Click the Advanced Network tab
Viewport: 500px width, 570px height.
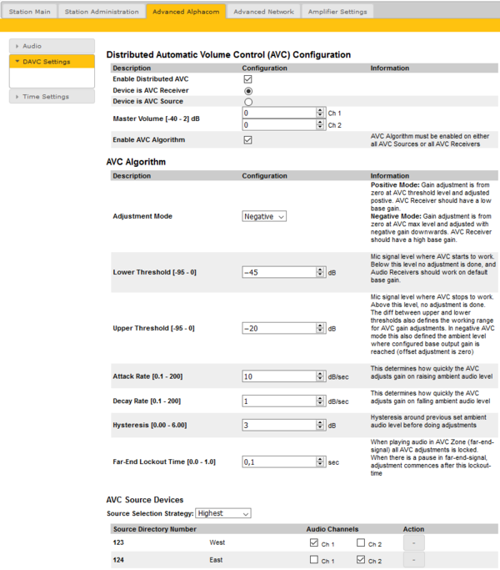coord(263,12)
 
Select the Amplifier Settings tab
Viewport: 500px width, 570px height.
coord(336,12)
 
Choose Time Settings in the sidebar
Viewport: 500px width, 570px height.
coord(46,97)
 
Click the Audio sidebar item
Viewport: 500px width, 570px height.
coord(32,46)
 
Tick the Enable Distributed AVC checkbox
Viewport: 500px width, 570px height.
coord(247,78)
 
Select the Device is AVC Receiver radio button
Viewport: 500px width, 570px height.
coord(247,90)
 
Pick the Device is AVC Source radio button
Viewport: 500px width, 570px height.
coord(247,102)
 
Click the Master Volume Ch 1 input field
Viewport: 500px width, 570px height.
coord(278,113)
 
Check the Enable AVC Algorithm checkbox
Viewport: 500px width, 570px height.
coord(247,139)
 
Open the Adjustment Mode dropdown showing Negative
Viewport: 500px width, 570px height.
coord(264,216)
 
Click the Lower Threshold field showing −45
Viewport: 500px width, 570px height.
coord(278,272)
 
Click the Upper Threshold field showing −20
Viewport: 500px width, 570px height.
coord(278,329)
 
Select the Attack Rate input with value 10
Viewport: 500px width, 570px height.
coord(278,377)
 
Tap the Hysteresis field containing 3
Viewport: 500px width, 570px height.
coord(278,425)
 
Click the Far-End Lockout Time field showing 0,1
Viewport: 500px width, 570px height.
coord(278,461)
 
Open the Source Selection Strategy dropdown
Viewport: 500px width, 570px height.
coord(222,513)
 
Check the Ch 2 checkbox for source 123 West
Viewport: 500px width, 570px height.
coord(361,542)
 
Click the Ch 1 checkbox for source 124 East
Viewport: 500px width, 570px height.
coord(312,561)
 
